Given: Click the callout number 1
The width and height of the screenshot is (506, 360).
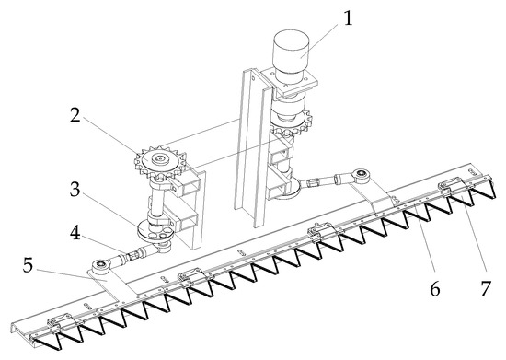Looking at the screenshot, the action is point(347,18).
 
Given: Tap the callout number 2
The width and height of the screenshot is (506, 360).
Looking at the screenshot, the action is point(75,115).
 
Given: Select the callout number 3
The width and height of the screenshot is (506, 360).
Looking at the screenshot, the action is point(75,190).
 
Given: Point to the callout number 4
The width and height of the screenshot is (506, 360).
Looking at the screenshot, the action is point(75,233).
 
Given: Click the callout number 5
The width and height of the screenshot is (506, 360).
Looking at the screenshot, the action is point(28,265).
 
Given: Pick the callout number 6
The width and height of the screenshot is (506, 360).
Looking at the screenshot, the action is point(434,288).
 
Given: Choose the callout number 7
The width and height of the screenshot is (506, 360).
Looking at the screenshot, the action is point(486,288).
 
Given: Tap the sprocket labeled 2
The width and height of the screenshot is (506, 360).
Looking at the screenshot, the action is point(160,161).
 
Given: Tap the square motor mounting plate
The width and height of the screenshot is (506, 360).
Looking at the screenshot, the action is point(289,81).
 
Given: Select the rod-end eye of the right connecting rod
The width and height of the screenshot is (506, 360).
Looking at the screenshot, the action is point(362,175).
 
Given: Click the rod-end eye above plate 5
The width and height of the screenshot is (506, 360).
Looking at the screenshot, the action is point(101,265).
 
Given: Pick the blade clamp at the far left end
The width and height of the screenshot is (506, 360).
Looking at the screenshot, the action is point(62,323).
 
